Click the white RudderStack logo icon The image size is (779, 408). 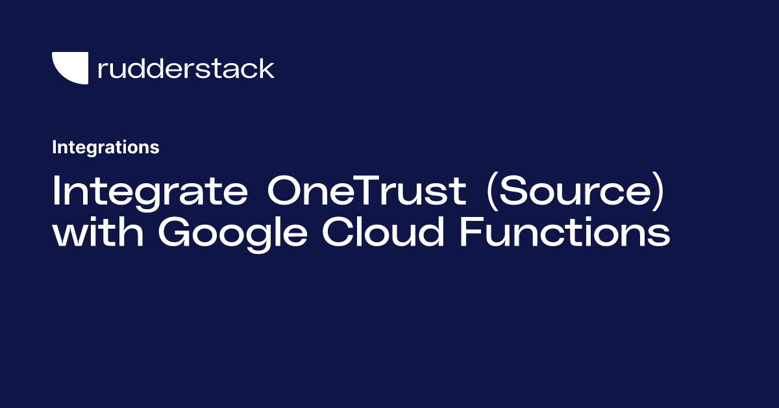70,68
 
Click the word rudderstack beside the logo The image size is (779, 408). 186,68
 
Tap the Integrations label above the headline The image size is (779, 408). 105,147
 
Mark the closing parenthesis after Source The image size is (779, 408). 659,193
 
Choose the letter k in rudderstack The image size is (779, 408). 267,68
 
